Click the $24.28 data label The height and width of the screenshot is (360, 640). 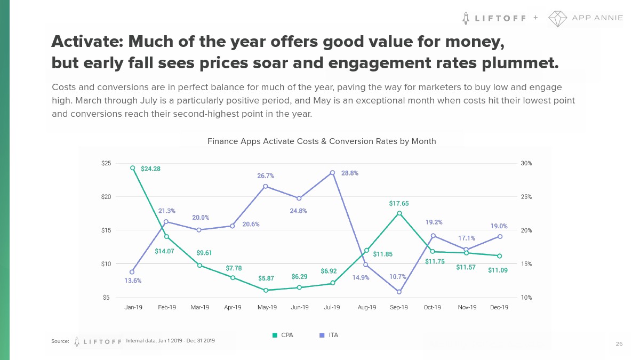click(150, 169)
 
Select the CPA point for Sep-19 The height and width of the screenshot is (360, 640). click(399, 213)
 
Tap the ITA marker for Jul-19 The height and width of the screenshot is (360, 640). click(332, 172)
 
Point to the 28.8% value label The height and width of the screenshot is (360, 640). click(350, 173)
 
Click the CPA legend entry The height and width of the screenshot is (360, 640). click(283, 335)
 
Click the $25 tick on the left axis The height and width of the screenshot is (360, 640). click(106, 163)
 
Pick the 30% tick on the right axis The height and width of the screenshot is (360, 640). click(526, 163)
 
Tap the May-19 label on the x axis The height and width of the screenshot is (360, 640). click(267, 307)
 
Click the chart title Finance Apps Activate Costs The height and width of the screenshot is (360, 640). click(322, 141)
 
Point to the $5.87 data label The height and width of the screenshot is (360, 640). click(266, 278)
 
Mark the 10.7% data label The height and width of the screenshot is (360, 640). click(398, 277)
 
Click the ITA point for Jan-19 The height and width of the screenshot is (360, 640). click(132, 272)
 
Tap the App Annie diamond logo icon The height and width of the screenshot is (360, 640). click(557, 18)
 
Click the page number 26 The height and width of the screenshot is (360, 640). click(619, 344)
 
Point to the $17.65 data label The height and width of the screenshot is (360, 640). click(399, 203)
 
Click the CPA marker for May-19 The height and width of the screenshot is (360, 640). click(266, 290)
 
